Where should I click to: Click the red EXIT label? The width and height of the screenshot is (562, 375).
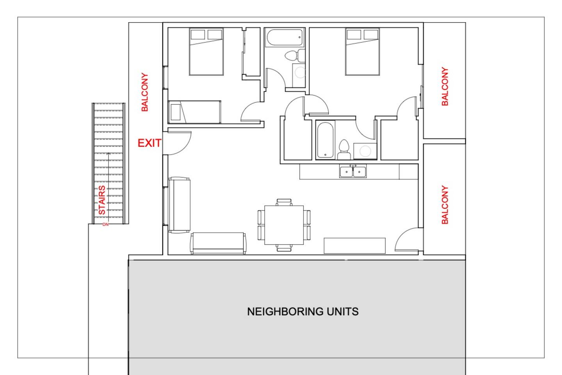pyautogui.click(x=149, y=143)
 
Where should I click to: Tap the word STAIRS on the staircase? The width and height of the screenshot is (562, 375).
pyautogui.click(x=101, y=200)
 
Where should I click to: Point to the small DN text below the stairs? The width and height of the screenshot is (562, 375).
pyautogui.click(x=106, y=225)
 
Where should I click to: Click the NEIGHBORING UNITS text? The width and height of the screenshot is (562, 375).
pyautogui.click(x=303, y=312)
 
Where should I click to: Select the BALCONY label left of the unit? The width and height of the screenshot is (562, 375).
pyautogui.click(x=145, y=92)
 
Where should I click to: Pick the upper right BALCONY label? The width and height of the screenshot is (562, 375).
pyautogui.click(x=445, y=86)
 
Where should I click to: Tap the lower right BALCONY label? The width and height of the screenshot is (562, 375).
pyautogui.click(x=445, y=205)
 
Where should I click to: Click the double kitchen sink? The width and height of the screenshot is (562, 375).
pyautogui.click(x=353, y=171)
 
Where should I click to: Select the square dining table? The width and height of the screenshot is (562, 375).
pyautogui.click(x=284, y=225)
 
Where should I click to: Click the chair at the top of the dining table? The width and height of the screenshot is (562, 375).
pyautogui.click(x=284, y=202)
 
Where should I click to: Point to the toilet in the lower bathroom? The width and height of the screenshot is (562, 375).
pyautogui.click(x=344, y=150)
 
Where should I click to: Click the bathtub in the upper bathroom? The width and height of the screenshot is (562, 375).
pyautogui.click(x=285, y=37)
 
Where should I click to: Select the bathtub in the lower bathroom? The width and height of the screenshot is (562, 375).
pyautogui.click(x=325, y=140)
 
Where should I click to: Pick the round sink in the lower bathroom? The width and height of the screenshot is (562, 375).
pyautogui.click(x=365, y=151)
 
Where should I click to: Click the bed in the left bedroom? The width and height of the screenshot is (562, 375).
pyautogui.click(x=206, y=52)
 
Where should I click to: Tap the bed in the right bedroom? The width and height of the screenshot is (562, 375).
pyautogui.click(x=363, y=52)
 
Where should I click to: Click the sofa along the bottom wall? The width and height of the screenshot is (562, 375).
pyautogui.click(x=218, y=243)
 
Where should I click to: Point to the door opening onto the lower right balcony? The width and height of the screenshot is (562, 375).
pyautogui.click(x=409, y=239)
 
